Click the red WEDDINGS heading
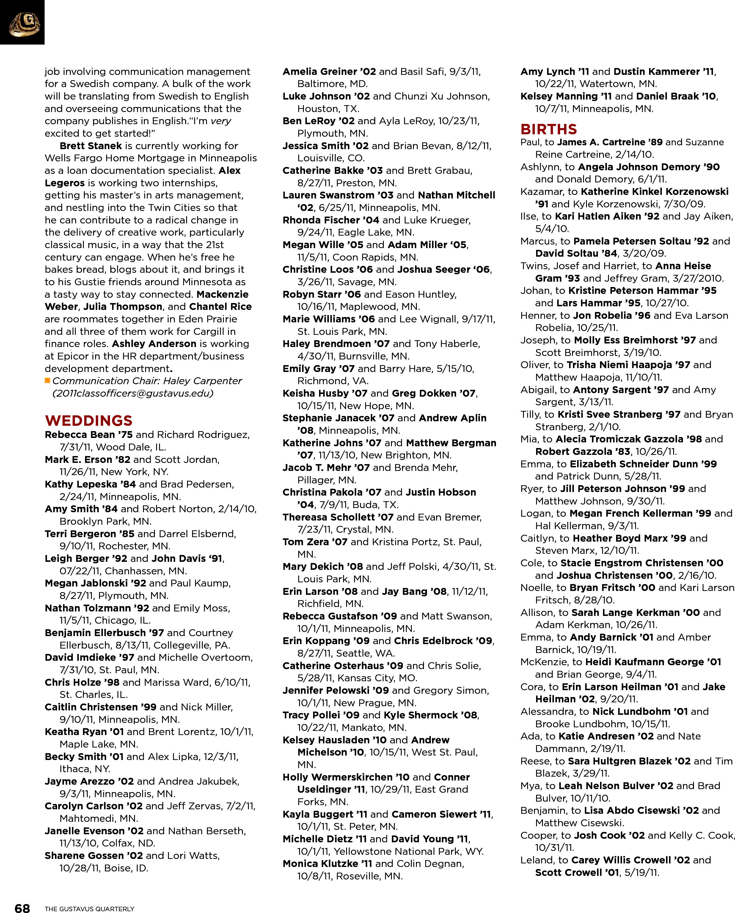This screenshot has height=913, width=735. point(89,420)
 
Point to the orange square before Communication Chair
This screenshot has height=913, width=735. point(48,380)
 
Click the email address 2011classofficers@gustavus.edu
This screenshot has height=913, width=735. point(132,393)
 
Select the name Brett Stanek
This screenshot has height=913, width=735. point(91,146)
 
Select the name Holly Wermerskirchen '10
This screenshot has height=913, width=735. point(346,777)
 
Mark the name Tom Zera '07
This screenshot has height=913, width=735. point(315,542)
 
